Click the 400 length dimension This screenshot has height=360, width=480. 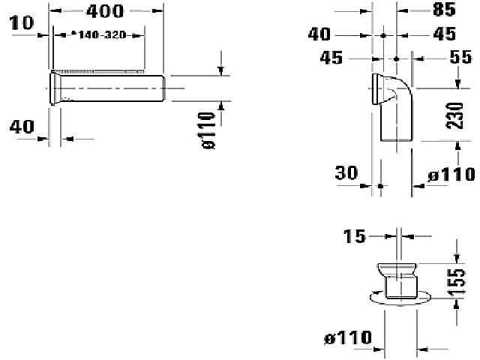(105, 11)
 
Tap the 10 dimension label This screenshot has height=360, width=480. (22, 23)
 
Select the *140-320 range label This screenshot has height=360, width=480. (98, 35)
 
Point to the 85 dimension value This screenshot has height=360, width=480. (444, 10)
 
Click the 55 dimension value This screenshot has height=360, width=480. (460, 57)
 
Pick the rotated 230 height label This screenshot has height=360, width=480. (455, 115)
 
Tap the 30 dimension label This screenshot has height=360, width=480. (346, 172)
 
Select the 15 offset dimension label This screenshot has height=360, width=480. (354, 236)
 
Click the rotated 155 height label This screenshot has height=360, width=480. (456, 282)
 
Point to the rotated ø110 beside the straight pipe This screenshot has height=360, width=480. (209, 130)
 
